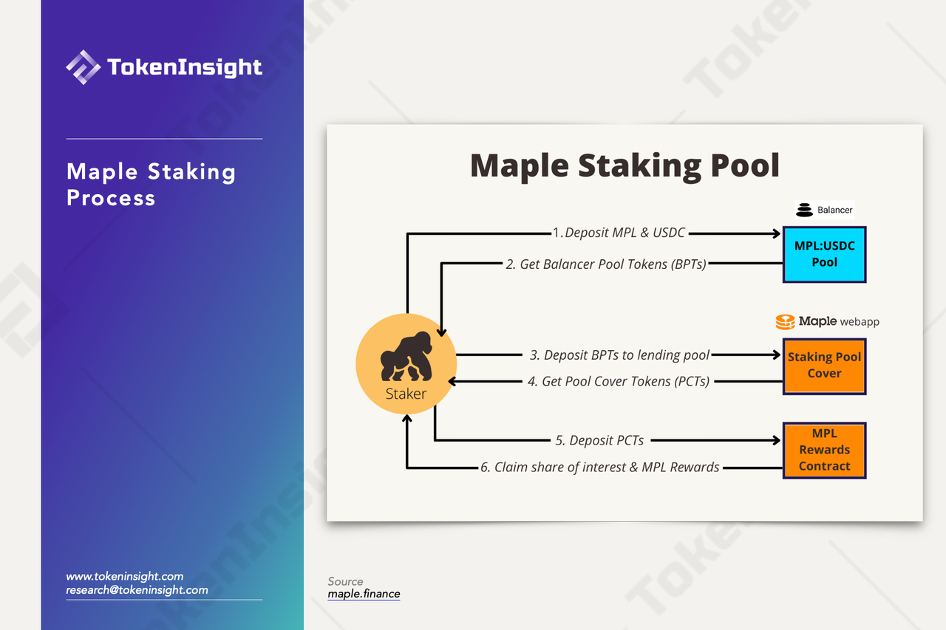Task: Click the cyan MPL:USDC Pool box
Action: [x=824, y=255]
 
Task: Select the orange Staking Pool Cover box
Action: [x=824, y=366]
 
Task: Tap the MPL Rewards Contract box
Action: [x=824, y=451]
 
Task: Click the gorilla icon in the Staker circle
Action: [x=406, y=357]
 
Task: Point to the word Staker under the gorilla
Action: [x=406, y=394]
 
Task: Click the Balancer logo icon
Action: [x=804, y=210]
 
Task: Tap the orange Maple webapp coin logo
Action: [x=785, y=322]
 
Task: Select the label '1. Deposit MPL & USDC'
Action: [x=619, y=233]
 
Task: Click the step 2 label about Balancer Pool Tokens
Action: [x=605, y=264]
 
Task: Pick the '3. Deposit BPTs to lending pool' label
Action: [x=619, y=355]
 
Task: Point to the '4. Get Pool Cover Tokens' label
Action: [x=619, y=381]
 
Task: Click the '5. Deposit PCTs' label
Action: [x=599, y=440]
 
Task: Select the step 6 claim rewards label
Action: [x=599, y=467]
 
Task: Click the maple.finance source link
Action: [x=364, y=594]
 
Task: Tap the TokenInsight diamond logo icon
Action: [x=84, y=67]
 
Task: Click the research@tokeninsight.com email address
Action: [x=137, y=590]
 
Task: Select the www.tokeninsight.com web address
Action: [x=125, y=576]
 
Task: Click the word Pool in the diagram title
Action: [x=745, y=165]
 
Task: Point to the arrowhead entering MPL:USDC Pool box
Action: [x=776, y=233]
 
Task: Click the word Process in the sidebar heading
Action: [x=111, y=198]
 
